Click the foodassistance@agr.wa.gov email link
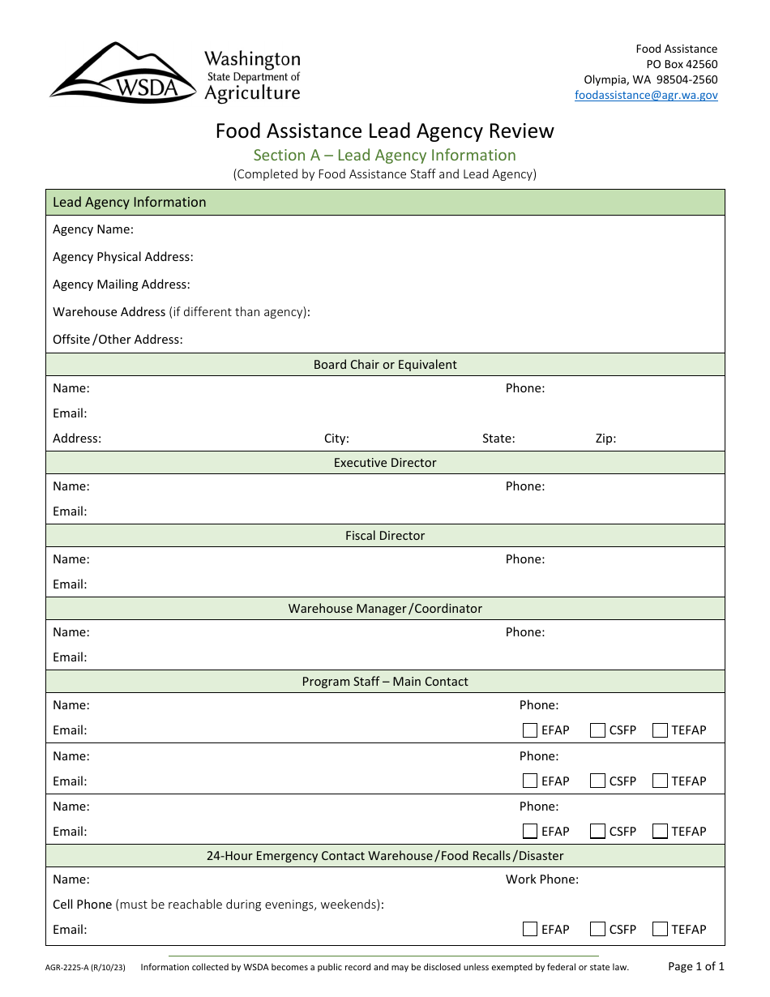pos(646,95)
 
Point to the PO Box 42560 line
pos(681,64)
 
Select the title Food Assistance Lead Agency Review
pos(384,131)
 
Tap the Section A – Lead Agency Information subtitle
pos(384,155)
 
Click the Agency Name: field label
pos(93,229)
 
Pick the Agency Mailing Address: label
pos(122,285)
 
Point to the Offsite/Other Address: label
pos(118,340)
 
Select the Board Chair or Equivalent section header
pos(385,365)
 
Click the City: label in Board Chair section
pos(336,439)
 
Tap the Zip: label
pos(605,439)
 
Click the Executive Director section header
pos(385,463)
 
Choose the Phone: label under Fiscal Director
pos(525,559)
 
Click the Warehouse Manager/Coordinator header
pos(385,609)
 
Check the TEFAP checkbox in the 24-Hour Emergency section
pos(660,929)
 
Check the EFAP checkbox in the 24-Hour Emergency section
pos(530,929)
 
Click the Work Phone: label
pos(542,879)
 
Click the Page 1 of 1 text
pos(695,966)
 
